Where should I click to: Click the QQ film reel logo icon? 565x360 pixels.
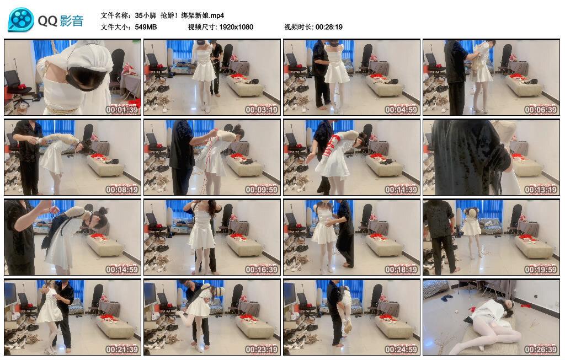[x=21, y=20]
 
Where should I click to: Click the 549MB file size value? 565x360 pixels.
[x=146, y=27]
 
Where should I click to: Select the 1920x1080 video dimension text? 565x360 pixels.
[x=236, y=27]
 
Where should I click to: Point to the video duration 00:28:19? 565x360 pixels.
[x=329, y=27]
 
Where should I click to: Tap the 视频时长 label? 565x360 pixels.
[x=299, y=27]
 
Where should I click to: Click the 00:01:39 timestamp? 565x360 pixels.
[x=122, y=109]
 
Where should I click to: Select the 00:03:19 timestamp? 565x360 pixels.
[x=262, y=109]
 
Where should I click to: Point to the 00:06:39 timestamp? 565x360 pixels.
[x=541, y=109]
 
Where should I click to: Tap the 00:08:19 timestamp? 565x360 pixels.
[x=122, y=189]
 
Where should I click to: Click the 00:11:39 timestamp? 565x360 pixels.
[x=401, y=189]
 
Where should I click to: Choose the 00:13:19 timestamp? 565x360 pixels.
[x=541, y=189]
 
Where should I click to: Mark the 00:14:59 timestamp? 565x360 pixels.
[x=122, y=270]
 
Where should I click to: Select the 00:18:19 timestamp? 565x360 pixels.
[x=401, y=270]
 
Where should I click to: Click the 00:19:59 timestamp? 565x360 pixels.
[x=541, y=270]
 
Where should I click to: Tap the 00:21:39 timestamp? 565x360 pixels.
[x=122, y=350]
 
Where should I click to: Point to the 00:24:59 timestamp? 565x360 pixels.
[x=401, y=350]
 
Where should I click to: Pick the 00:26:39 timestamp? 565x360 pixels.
[x=541, y=350]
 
